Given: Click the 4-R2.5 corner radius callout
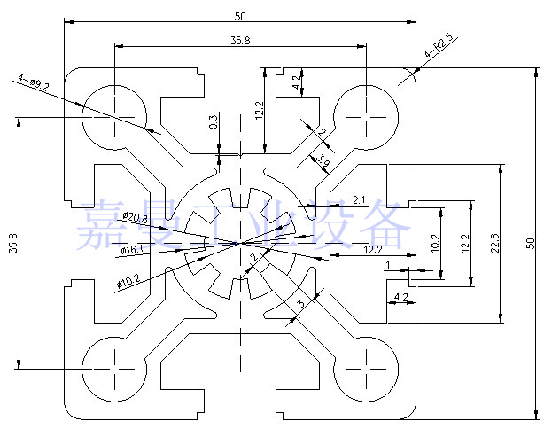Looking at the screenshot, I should point(440,45).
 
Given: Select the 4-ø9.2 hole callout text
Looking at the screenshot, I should point(34,83).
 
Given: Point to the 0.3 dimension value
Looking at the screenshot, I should point(214,121).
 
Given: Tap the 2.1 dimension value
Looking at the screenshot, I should point(359,199).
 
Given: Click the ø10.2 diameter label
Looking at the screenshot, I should point(128,282).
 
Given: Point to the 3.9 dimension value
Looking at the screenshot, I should point(323,160).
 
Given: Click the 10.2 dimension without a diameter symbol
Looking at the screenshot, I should point(433,241).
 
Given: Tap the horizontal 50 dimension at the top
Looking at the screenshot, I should point(240,16).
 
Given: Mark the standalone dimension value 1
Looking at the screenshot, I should point(388,265).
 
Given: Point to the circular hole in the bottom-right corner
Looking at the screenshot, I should point(365,365).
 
